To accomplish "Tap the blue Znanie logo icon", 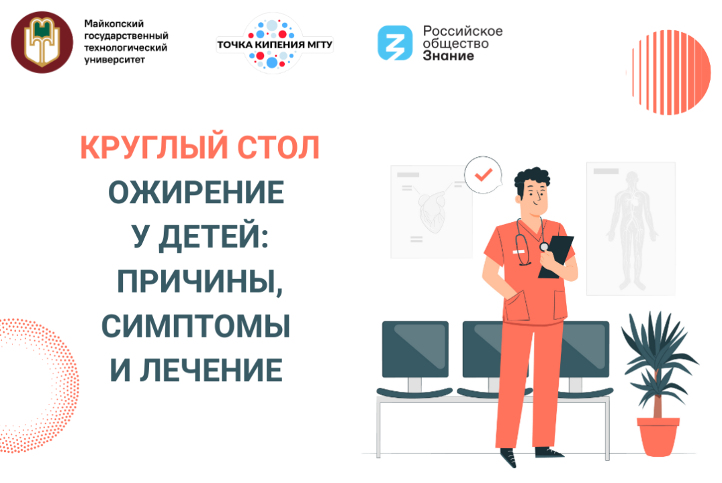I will tap(394, 42).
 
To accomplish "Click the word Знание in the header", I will tap(449, 56).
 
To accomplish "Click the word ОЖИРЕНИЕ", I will tap(196, 193).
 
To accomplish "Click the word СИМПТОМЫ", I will tap(196, 325).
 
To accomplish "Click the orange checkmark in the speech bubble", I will tap(482, 174).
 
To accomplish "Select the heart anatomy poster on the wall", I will tap(430, 211).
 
